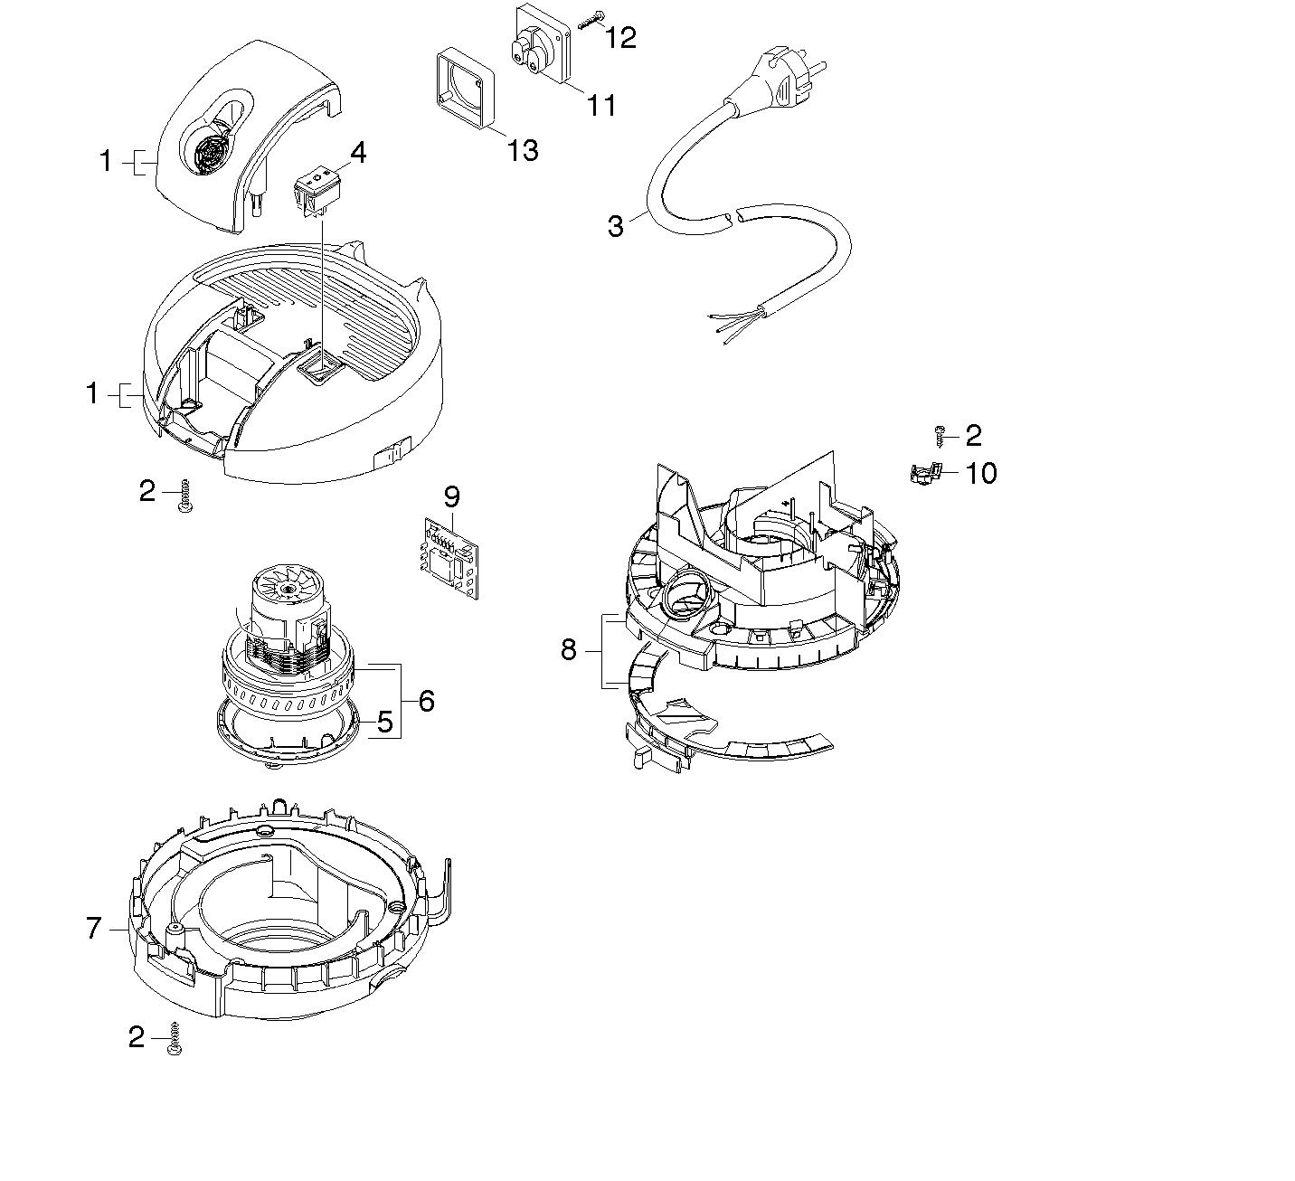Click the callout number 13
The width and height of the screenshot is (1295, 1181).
point(523,149)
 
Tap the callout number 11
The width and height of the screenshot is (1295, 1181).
point(601,105)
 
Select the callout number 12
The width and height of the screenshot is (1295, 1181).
point(621,37)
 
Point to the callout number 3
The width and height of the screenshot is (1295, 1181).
point(616,226)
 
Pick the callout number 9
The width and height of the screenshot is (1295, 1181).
point(452,496)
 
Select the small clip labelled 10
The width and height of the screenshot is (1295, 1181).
point(924,473)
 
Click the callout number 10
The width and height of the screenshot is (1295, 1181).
point(981,473)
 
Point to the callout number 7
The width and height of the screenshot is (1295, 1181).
point(94,928)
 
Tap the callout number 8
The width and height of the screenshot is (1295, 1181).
point(568,649)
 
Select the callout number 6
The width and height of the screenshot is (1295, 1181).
point(426,701)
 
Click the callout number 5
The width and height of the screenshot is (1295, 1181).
point(385,722)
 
